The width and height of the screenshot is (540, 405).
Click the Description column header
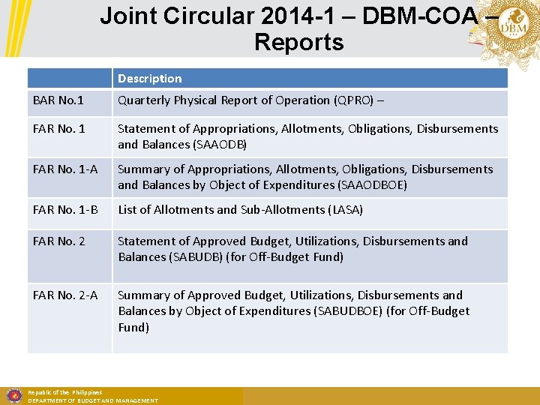click(149, 79)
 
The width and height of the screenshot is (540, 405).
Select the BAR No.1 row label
click(58, 100)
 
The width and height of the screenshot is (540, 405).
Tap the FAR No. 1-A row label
click(65, 169)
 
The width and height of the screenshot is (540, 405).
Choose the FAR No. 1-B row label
click(65, 210)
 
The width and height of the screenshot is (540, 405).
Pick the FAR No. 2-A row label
click(65, 295)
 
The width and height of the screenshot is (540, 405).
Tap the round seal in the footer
click(13, 395)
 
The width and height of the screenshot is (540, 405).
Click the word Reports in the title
click(298, 42)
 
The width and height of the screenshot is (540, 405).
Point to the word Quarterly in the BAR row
click(144, 100)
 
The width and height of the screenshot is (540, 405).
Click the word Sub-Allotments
click(283, 210)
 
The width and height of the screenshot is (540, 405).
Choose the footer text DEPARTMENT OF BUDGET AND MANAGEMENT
click(93, 401)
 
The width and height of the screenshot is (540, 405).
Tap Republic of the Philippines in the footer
click(64, 392)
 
